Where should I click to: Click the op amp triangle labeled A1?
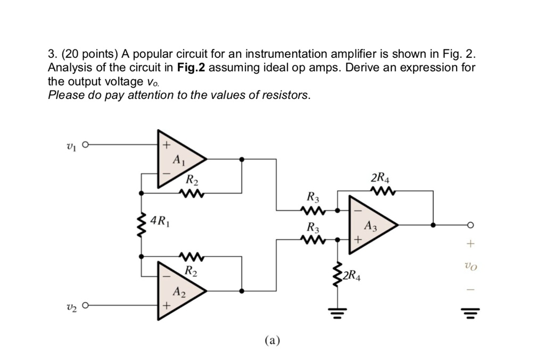178,158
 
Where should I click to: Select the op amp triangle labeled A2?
178,291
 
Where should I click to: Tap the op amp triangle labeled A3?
370,225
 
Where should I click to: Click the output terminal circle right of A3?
470,225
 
